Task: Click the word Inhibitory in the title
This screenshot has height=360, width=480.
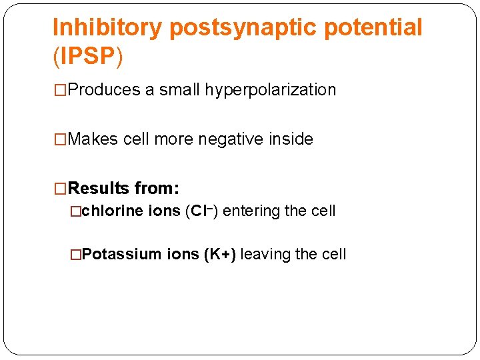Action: point(107,28)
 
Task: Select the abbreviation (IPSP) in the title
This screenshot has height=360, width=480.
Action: point(88,57)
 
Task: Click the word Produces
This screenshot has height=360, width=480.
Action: point(104,90)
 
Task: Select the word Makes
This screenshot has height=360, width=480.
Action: point(94,139)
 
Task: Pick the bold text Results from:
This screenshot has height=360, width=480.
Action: point(123,189)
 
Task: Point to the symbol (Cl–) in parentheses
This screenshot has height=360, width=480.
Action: point(201,211)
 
